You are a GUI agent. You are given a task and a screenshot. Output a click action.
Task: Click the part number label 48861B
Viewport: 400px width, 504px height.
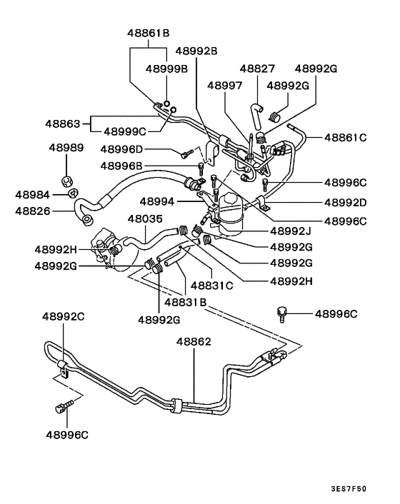click(x=149, y=33)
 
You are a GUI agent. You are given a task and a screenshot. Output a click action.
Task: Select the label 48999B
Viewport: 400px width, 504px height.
click(x=166, y=69)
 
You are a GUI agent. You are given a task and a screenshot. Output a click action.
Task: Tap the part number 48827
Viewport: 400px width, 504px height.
click(x=257, y=69)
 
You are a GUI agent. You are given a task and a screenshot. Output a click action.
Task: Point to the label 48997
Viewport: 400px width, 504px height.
click(x=224, y=85)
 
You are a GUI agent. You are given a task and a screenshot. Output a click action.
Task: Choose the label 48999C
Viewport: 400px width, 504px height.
click(x=125, y=131)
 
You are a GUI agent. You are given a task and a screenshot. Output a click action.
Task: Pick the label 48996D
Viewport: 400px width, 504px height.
click(x=121, y=149)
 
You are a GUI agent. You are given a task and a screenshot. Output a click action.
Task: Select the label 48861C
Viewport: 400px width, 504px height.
click(x=346, y=136)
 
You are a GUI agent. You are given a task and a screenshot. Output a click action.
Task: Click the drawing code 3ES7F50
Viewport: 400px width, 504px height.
click(x=349, y=489)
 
